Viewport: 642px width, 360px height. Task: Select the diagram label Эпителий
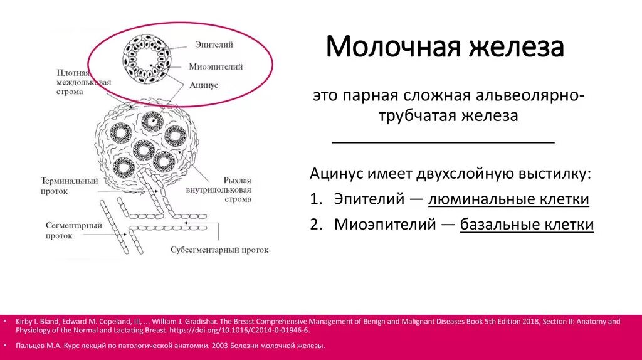tap(214, 45)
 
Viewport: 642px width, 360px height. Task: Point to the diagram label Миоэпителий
tap(216, 66)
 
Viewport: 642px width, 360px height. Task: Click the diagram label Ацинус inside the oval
tap(204, 85)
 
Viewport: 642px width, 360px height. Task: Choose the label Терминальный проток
tap(69, 186)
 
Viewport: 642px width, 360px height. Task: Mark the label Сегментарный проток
tap(70, 230)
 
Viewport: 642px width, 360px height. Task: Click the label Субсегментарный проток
tap(219, 250)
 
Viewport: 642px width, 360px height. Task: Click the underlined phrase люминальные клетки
tap(508, 200)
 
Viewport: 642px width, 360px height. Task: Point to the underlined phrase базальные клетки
tap(527, 225)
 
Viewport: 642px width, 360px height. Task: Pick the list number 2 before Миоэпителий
tap(315, 225)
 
